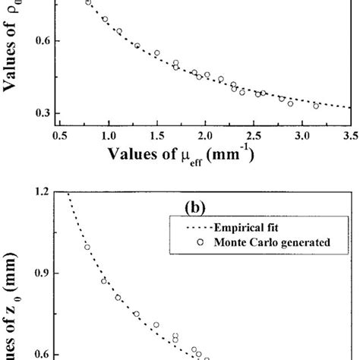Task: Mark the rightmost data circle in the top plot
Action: point(316,106)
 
